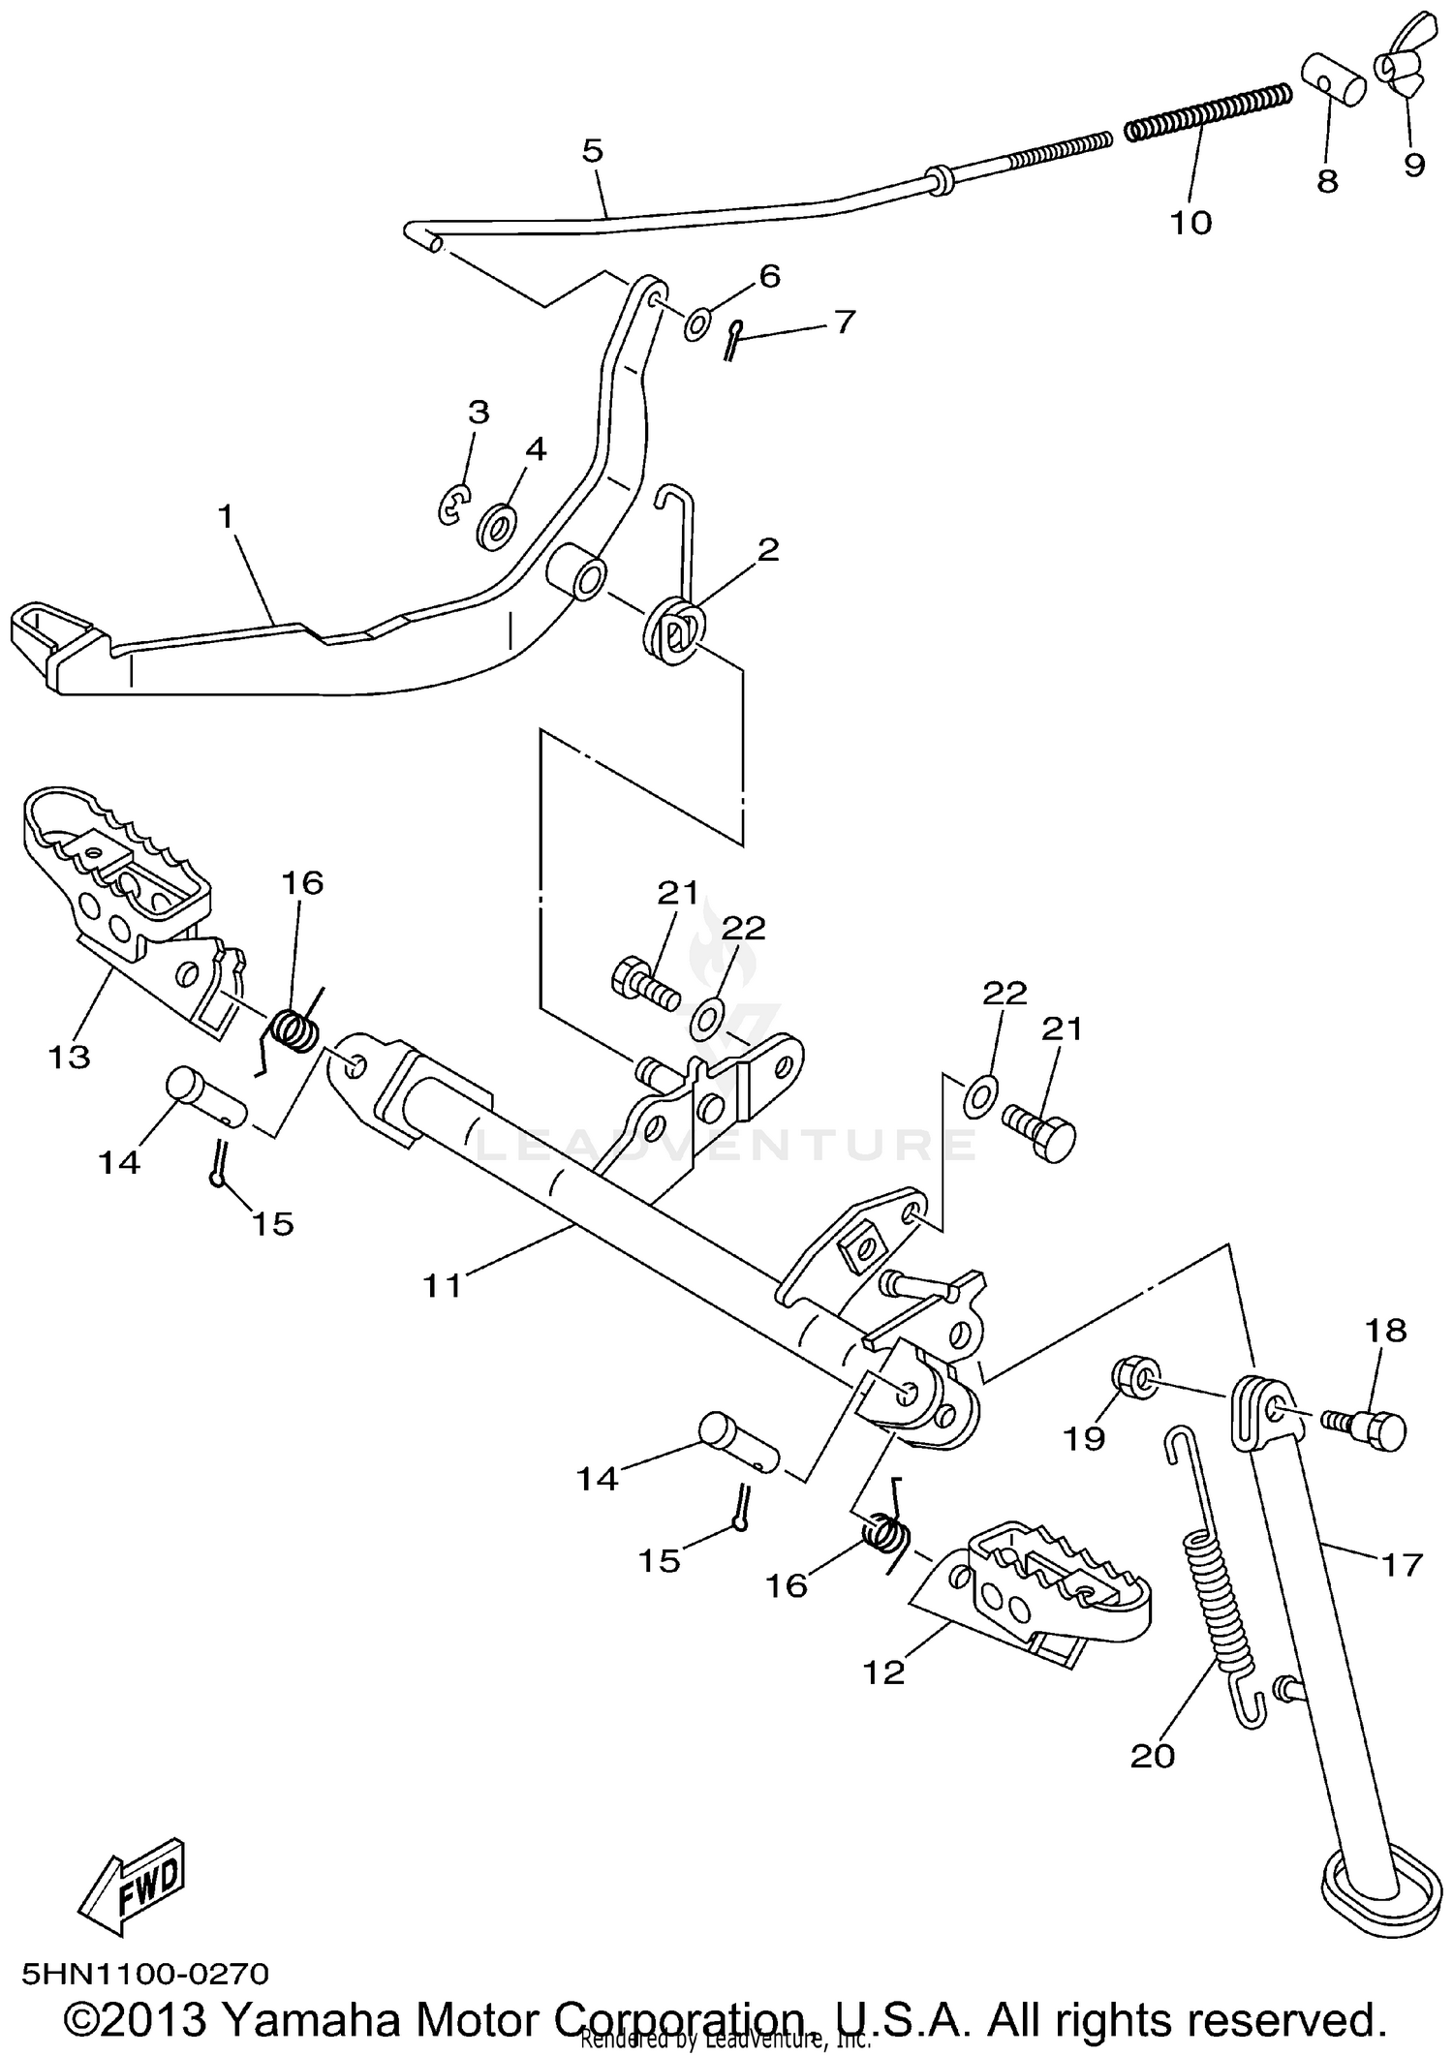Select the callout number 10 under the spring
(x=1190, y=223)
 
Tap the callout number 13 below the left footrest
(x=69, y=1056)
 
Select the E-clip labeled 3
(x=452, y=506)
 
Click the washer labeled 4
(x=498, y=526)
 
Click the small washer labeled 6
(x=697, y=324)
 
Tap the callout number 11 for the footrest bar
(x=444, y=1286)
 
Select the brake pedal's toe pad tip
(x=41, y=634)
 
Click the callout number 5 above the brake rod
(x=592, y=151)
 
